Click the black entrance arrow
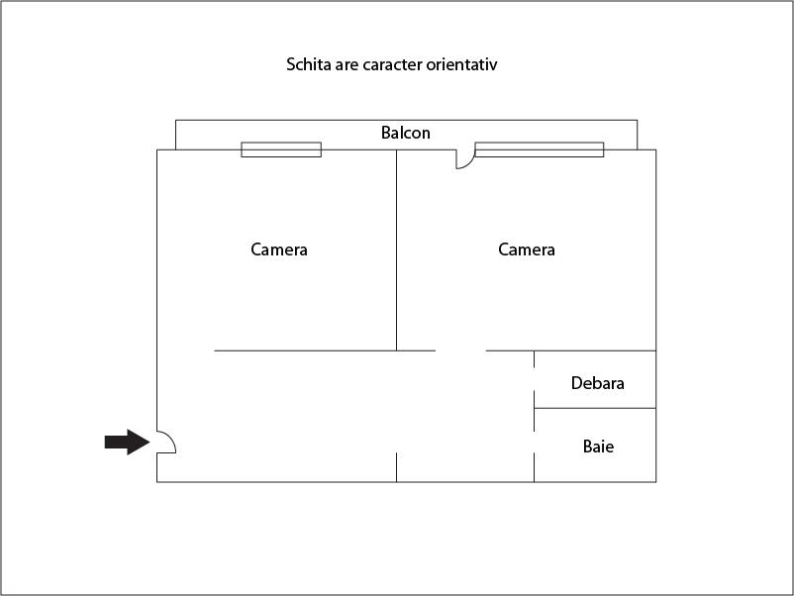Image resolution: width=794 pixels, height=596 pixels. (127, 443)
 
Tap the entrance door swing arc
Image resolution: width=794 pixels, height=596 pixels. (172, 440)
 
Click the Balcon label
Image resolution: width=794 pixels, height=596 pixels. (406, 133)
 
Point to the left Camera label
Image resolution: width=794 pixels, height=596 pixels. (279, 249)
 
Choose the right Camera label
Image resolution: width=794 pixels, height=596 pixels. (527, 249)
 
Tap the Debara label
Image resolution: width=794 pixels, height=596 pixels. (598, 383)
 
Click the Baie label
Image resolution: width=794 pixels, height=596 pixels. (599, 447)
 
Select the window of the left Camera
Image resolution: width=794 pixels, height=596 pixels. (281, 149)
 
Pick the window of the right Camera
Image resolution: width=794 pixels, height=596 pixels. (540, 149)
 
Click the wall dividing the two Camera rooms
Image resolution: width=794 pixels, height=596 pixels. (396, 250)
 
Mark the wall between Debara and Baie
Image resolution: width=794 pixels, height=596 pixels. (595, 408)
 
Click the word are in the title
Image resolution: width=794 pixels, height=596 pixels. (347, 65)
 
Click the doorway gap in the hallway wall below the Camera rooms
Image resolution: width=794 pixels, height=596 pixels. (460, 350)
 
